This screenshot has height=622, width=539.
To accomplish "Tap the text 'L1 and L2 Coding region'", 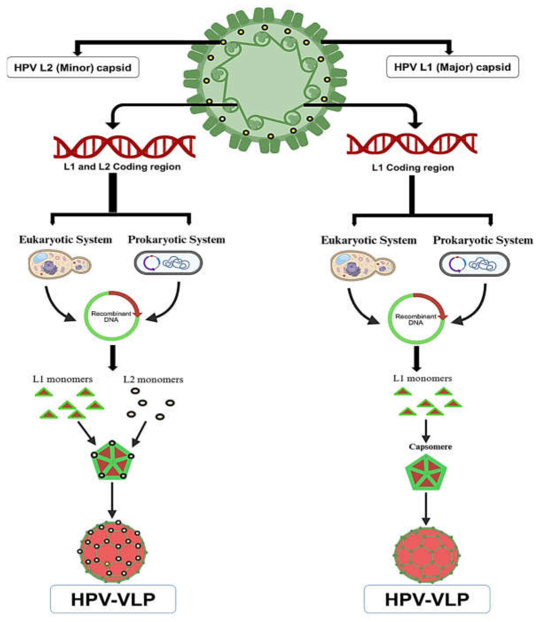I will tap(122, 167).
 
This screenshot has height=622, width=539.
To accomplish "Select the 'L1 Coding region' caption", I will tap(413, 168).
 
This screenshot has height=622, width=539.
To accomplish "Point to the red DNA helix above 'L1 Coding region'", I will tap(412, 144).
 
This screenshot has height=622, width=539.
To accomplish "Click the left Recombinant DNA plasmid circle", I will tap(112, 316).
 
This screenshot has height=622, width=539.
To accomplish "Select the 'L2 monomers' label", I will tap(153, 380).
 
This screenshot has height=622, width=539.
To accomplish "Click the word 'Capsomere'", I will tap(430, 447).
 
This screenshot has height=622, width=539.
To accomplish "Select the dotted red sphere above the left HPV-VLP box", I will tap(113, 552).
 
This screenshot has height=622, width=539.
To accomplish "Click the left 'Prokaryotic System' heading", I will tap(177, 240).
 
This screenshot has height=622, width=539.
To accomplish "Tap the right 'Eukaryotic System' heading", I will tap(369, 240).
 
